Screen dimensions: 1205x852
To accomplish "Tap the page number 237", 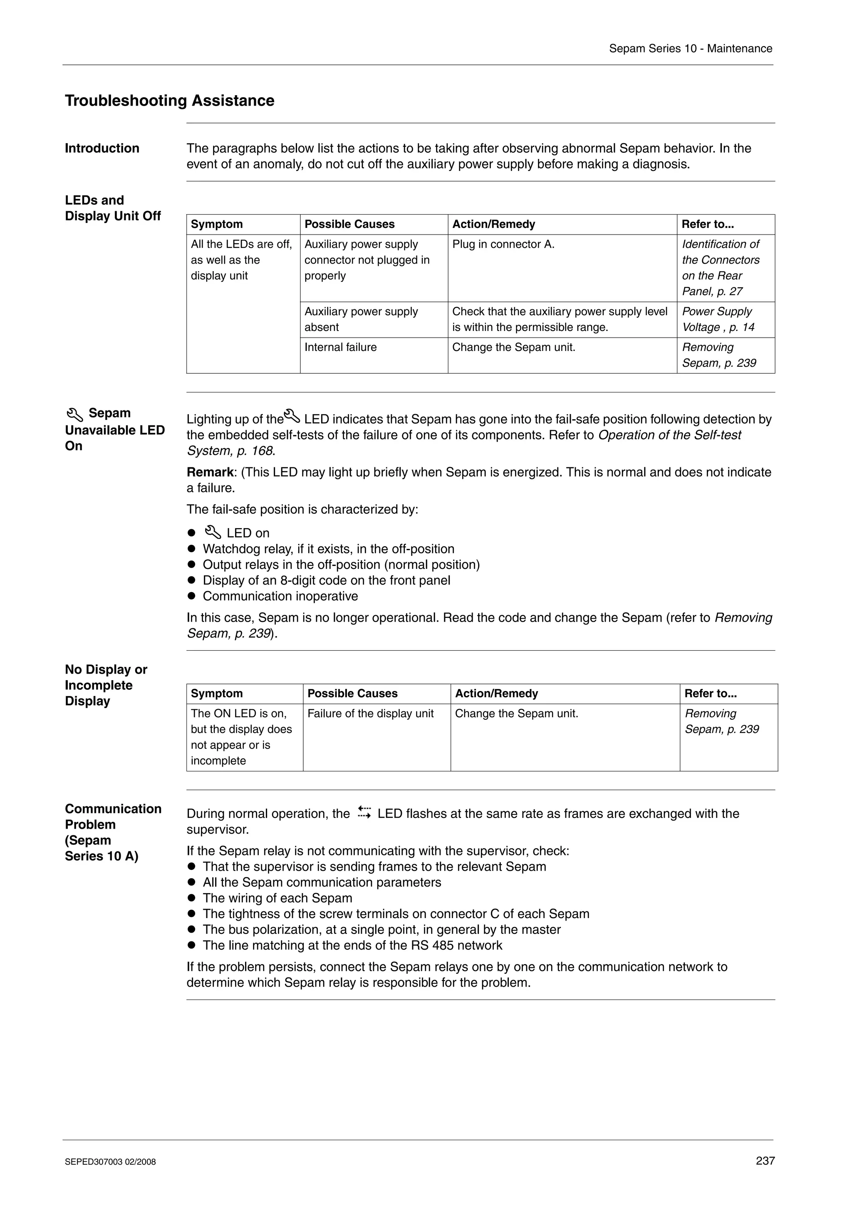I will click(765, 1161).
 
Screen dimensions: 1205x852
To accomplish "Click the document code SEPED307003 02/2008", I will click(110, 1161).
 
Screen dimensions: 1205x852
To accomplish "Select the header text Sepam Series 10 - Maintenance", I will click(690, 49).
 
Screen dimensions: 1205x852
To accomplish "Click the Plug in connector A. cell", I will click(503, 244).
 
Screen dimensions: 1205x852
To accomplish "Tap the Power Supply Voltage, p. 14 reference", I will click(718, 319).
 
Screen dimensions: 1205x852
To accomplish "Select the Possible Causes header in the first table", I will click(349, 224).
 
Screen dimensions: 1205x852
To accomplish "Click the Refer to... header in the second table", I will click(710, 693).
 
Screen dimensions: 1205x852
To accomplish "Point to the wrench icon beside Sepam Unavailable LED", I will click(74, 415).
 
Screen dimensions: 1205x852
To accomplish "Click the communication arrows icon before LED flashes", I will click(364, 812).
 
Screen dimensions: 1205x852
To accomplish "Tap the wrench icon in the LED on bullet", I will click(213, 532).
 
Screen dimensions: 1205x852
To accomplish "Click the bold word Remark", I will click(209, 472).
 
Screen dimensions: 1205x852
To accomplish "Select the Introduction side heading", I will click(102, 148).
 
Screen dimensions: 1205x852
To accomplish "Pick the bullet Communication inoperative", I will click(280, 596).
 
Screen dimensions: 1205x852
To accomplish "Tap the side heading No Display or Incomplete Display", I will click(106, 685).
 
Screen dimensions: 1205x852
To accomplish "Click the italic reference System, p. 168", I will click(230, 451).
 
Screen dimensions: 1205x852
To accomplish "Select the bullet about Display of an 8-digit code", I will click(326, 580).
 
